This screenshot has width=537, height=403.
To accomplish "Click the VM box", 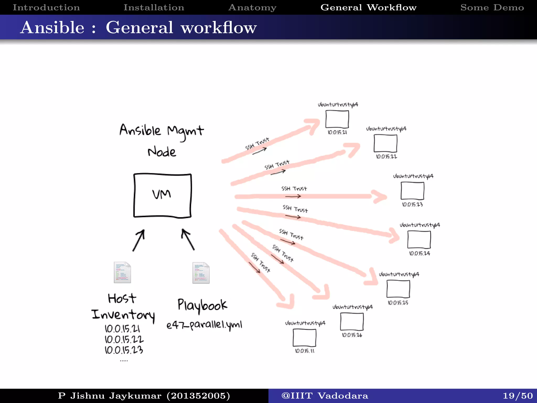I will click(162, 195).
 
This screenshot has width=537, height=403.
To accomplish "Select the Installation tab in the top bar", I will click(154, 7).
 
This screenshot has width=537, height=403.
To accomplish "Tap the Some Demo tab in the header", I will click(492, 7).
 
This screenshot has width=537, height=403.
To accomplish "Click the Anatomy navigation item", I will click(252, 7).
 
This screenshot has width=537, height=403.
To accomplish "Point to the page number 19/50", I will click(518, 396).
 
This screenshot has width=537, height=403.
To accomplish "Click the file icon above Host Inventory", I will click(122, 272).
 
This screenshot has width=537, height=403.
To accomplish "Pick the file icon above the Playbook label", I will click(201, 273).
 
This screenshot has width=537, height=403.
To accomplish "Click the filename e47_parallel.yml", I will click(204, 325).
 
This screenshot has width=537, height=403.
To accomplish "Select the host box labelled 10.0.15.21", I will click(337, 119).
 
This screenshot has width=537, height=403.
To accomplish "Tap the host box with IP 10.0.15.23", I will click(412, 191).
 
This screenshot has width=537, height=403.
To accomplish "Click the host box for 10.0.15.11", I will click(304, 338).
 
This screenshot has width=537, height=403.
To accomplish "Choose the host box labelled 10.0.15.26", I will click(352, 322).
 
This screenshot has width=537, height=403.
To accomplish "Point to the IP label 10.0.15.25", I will click(398, 303).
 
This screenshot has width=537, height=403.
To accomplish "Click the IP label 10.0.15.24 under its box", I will click(419, 253).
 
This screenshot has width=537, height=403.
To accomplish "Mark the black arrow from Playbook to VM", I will click(188, 239).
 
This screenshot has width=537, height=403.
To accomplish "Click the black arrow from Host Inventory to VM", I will click(139, 240).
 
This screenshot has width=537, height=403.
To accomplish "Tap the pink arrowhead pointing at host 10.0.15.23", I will click(379, 197).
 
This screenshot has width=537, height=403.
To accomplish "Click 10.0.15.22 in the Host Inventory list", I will click(124, 340).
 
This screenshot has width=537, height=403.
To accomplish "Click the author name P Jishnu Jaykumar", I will click(144, 396).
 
